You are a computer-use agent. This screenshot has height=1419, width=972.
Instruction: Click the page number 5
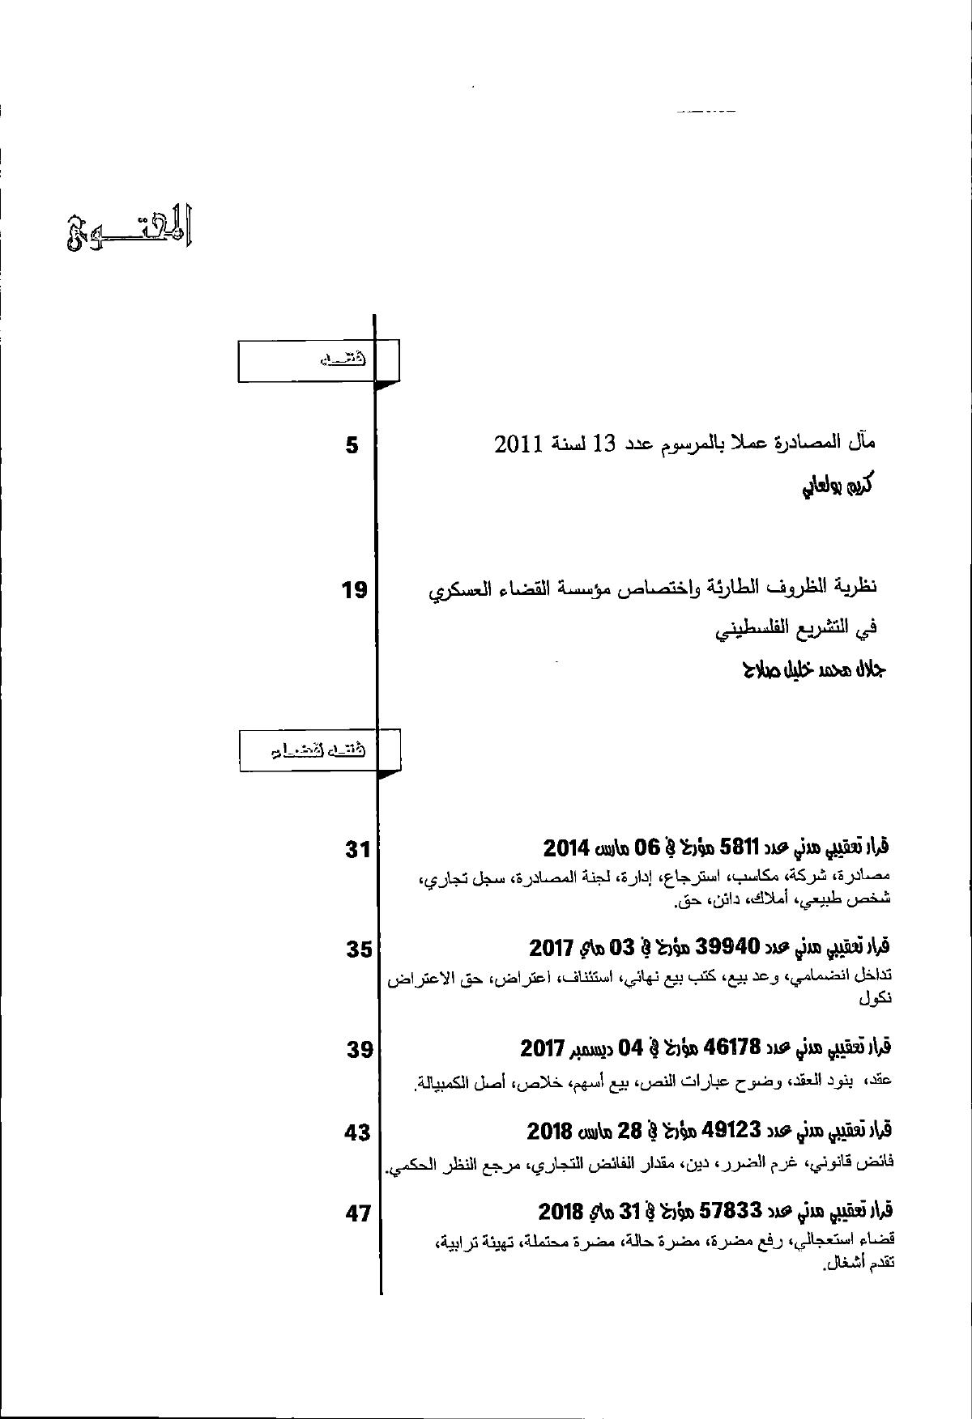coord(352,444)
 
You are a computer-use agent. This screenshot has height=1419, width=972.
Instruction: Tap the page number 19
coord(355,590)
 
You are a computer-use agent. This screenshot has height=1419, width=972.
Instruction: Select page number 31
coord(357,849)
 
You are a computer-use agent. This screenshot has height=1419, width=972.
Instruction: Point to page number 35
coord(359,948)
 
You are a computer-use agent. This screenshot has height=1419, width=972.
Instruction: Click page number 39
coord(359,1049)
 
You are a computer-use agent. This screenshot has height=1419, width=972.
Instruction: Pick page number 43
coord(357,1132)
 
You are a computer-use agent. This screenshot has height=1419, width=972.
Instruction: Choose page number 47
coord(357,1213)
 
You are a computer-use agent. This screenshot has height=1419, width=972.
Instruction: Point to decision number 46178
coord(732,1047)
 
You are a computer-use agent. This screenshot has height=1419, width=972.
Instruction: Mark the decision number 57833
coord(731,1211)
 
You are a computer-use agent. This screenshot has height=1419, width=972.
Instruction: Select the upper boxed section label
coord(318,360)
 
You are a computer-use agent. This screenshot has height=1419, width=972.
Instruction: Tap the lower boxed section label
coord(319,750)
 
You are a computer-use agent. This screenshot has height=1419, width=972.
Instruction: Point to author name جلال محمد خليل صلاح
coord(813,669)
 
